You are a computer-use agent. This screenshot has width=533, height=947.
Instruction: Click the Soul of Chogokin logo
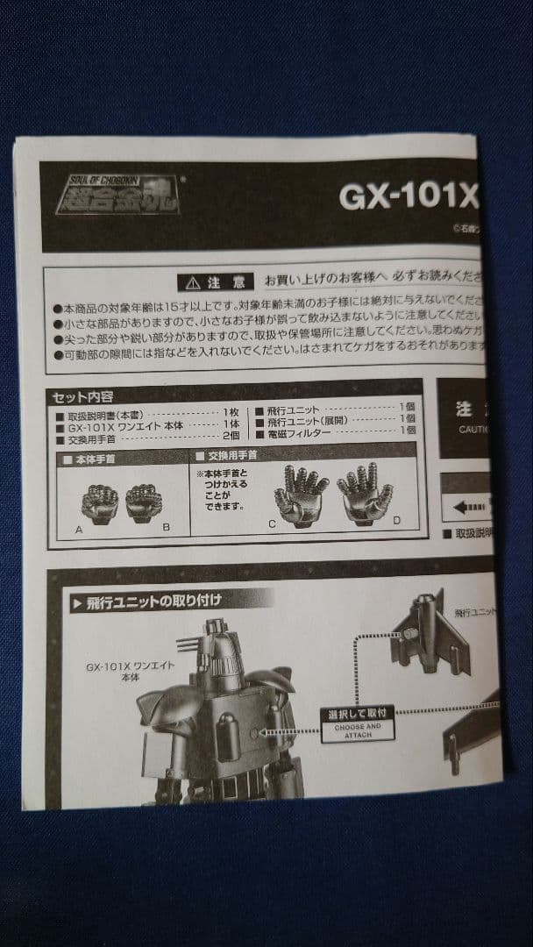117,194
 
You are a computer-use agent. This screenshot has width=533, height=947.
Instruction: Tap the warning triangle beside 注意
191,283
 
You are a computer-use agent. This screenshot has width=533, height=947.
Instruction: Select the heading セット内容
82,396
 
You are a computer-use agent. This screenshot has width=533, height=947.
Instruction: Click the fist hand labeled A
100,503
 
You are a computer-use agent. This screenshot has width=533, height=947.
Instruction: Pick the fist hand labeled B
144,502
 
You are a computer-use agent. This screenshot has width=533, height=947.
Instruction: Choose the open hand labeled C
300,494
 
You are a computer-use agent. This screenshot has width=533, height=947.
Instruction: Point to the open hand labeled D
365,494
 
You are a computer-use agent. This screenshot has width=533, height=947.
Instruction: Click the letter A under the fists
79,530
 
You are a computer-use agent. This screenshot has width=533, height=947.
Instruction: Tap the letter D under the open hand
396,522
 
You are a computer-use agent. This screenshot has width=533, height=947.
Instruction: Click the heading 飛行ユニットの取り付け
154,602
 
